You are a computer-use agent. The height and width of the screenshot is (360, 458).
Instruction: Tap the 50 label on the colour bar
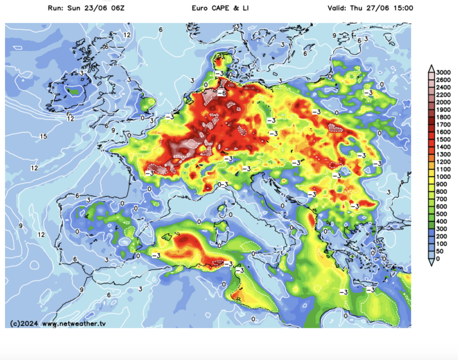coord(440,251)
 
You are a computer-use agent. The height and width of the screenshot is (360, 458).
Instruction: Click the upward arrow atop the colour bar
coord(431,68)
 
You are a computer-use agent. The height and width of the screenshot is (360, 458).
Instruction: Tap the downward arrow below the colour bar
coord(431,263)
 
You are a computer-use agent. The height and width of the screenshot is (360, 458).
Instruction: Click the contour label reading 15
coord(43,137)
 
